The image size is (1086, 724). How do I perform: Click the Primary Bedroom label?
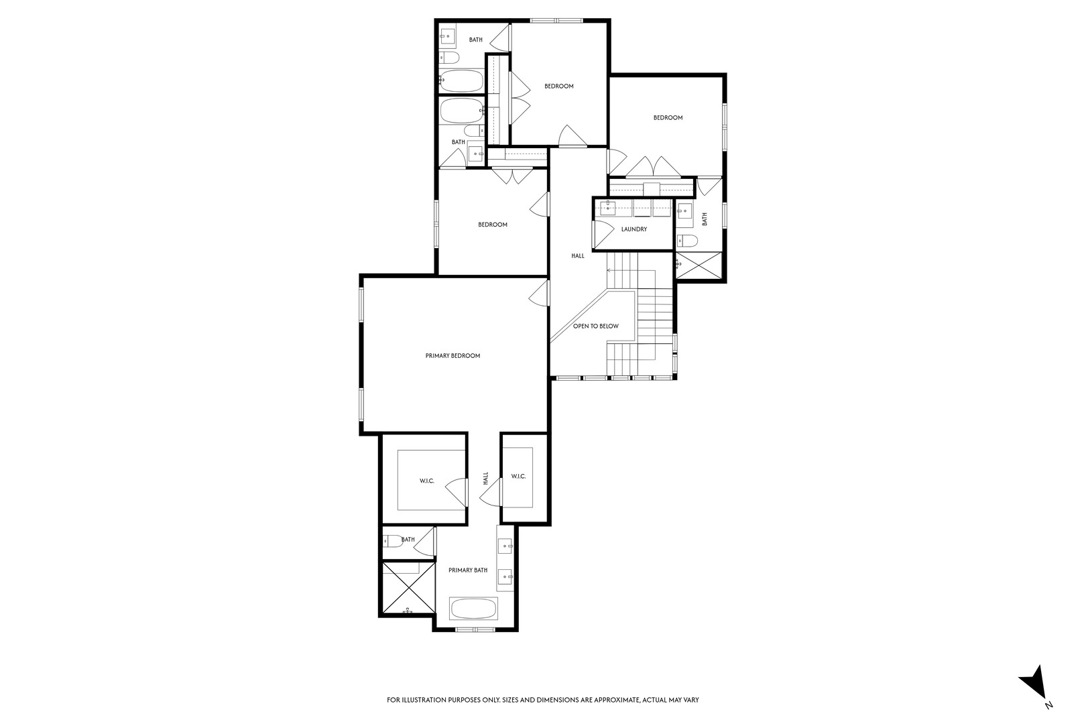[452, 355]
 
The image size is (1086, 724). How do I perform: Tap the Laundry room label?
[633, 229]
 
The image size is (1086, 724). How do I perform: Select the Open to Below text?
[595, 326]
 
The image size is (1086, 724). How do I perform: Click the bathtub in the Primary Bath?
[473, 609]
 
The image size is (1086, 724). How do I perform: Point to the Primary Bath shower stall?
[408, 589]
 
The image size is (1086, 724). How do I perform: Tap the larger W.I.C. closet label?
[427, 481]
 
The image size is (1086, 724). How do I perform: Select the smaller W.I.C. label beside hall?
[518, 476]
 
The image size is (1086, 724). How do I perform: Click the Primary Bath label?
[468, 570]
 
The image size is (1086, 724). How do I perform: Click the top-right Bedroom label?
[668, 118]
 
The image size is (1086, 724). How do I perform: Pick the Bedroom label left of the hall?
[492, 225]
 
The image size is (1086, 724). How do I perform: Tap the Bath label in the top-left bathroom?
[475, 40]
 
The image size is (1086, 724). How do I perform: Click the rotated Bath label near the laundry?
[705, 219]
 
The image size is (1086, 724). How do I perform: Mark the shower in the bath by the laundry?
[699, 266]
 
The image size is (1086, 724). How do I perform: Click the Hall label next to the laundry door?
[577, 255]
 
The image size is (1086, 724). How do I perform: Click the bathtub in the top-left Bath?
[462, 81]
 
